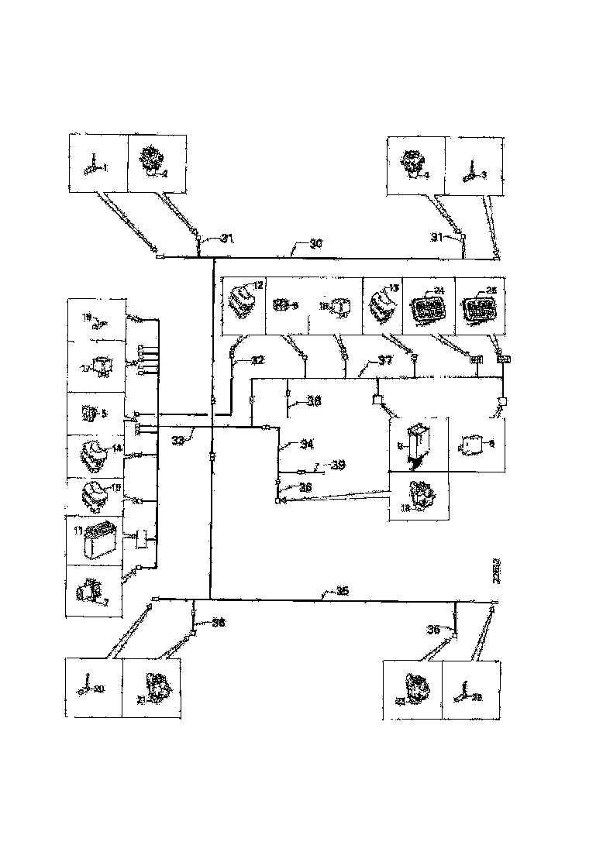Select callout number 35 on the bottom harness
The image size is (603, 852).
point(341,591)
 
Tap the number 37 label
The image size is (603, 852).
point(384,360)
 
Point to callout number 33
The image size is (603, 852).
point(177,440)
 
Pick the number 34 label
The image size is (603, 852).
point(307,445)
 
